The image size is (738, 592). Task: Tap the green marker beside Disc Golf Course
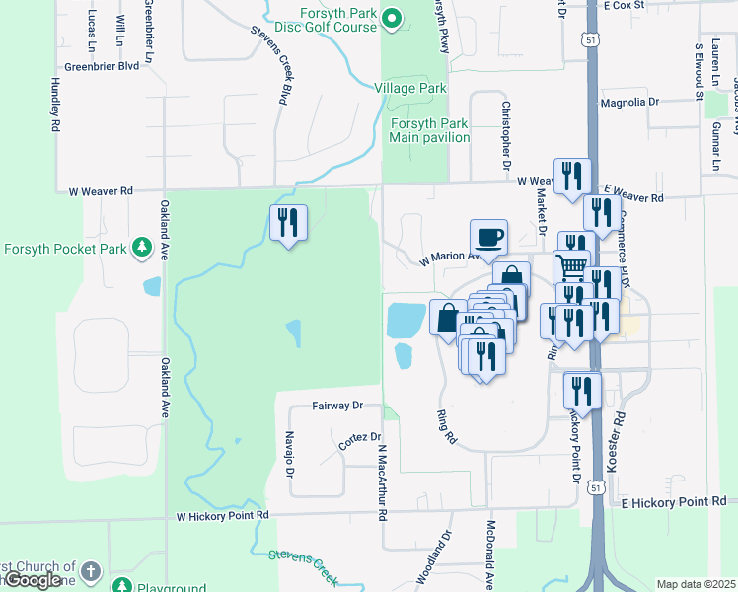(x=391, y=18)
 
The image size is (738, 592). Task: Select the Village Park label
(x=410, y=88)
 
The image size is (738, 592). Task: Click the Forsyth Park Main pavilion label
(x=429, y=130)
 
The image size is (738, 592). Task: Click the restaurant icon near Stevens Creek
(x=287, y=223)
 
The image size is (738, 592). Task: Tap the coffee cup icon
(x=488, y=237)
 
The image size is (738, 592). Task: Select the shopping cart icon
(x=571, y=265)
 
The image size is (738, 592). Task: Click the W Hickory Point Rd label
(x=222, y=515)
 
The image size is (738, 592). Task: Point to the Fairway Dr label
(x=337, y=406)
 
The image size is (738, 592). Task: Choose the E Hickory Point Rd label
(x=674, y=502)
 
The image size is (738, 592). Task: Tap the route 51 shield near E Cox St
(x=590, y=38)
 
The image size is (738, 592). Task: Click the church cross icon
(x=90, y=571)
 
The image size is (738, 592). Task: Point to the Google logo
(x=33, y=580)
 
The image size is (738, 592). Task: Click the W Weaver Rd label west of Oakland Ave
(x=94, y=191)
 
